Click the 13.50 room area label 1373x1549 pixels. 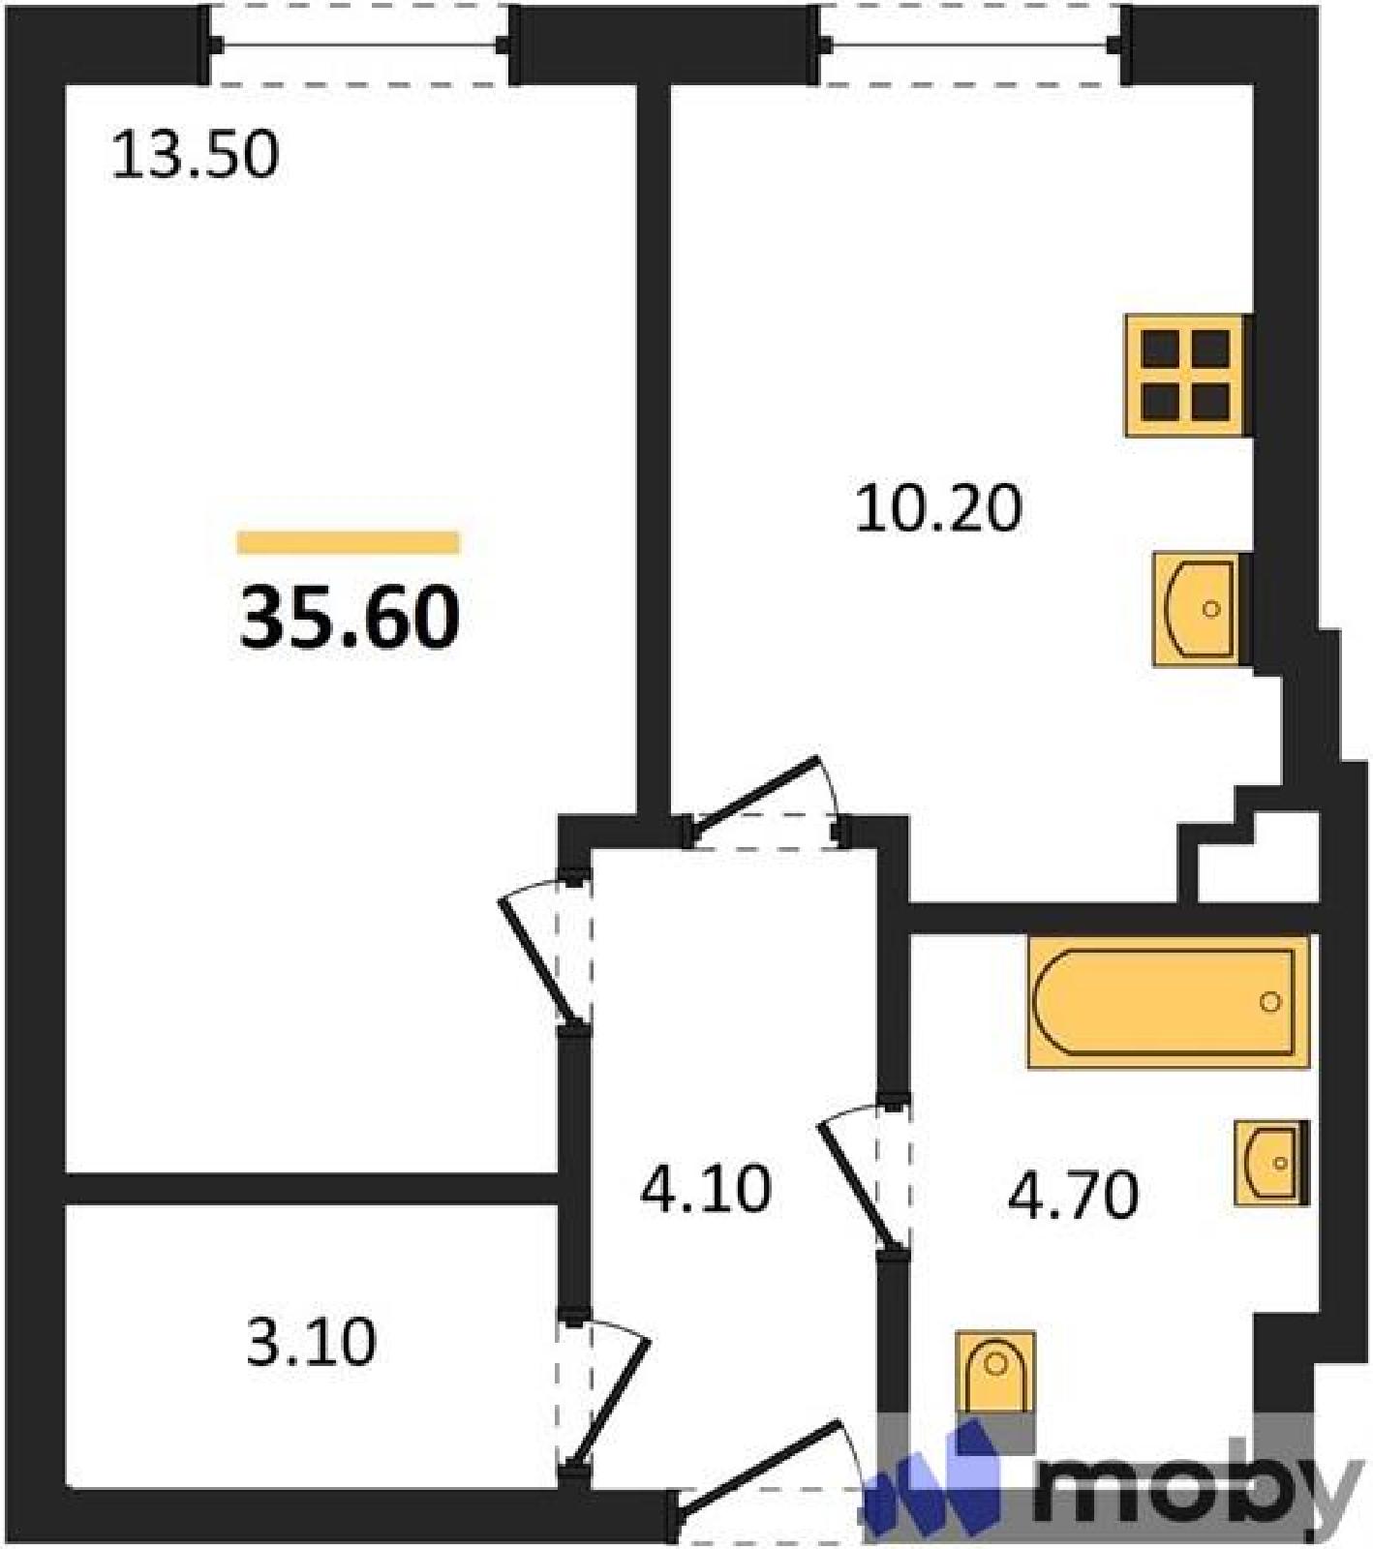[x=196, y=155]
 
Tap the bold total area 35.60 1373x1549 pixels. [x=350, y=619]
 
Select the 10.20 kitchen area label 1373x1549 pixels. [x=938, y=508]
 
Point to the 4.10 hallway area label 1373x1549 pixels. [x=706, y=1189]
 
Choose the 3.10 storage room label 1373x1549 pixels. [x=311, y=1343]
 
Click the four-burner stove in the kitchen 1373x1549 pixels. [x=1186, y=376]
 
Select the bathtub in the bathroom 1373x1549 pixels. [x=1169, y=1002]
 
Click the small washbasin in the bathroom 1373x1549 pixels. [x=1271, y=1163]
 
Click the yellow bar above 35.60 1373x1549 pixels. [x=349, y=542]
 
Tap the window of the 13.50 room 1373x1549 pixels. [x=359, y=45]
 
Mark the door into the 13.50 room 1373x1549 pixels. [x=548, y=954]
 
